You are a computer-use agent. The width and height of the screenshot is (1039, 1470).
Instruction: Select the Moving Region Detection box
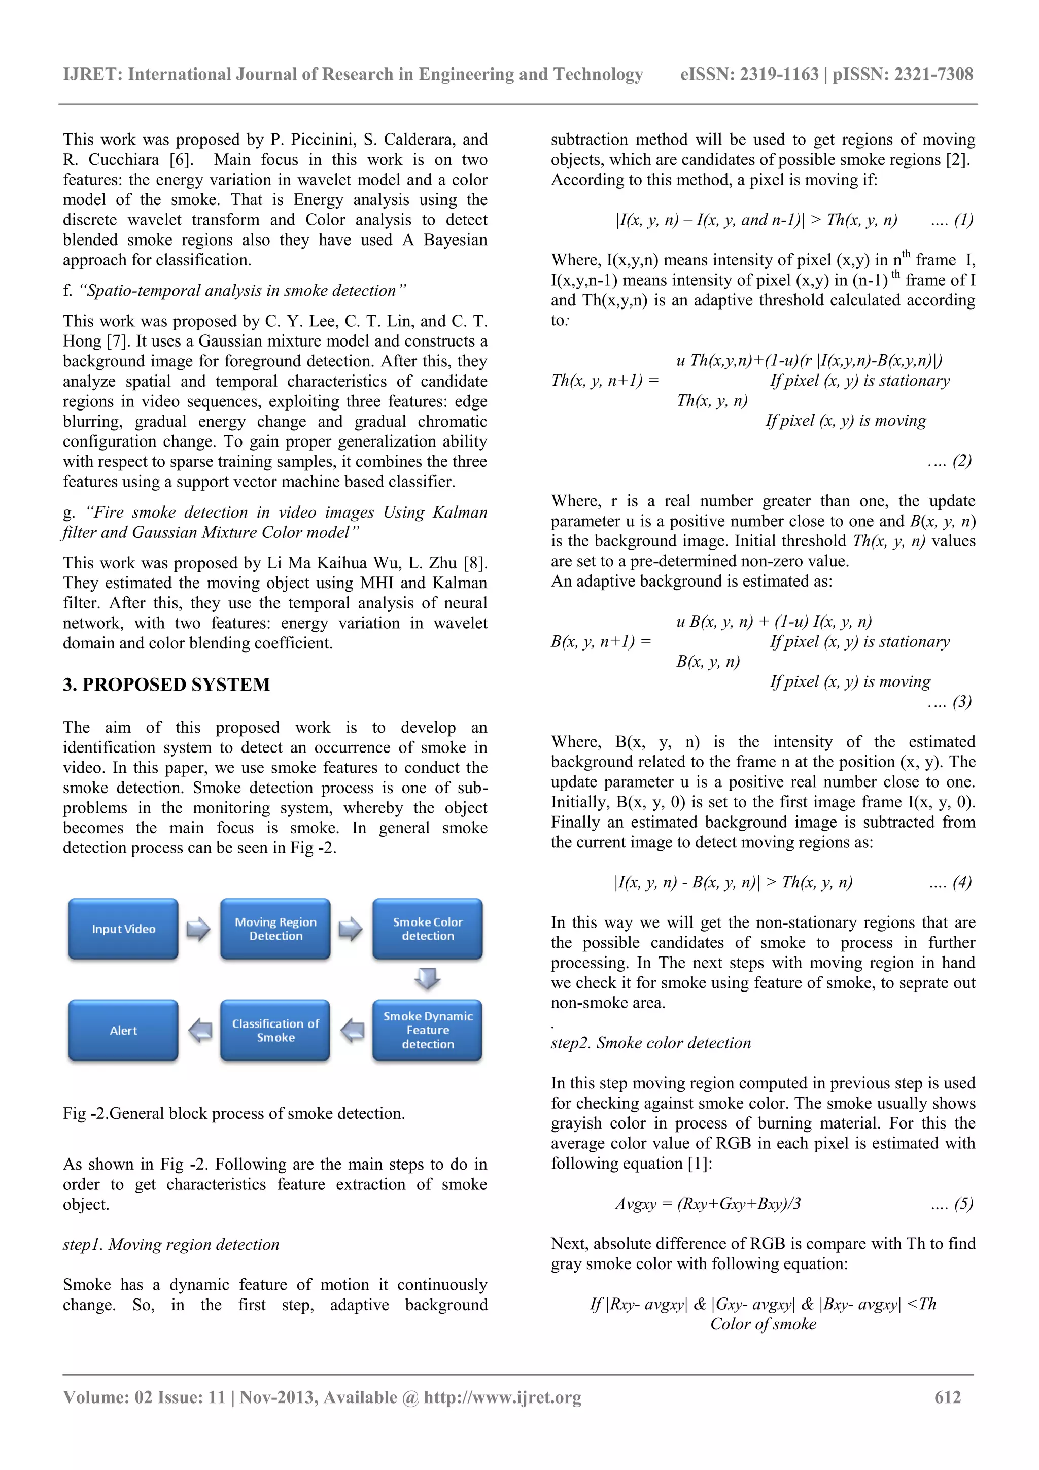(275, 929)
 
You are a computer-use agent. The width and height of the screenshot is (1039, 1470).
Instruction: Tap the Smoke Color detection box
(428, 929)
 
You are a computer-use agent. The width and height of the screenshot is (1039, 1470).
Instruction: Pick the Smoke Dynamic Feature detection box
(428, 1030)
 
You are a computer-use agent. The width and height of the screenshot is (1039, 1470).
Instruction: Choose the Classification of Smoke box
(275, 1030)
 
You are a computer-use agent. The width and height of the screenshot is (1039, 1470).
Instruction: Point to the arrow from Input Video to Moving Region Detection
(198, 929)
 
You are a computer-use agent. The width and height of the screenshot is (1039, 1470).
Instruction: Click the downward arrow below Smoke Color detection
(428, 978)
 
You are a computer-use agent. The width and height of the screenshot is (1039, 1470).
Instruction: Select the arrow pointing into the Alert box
(200, 1030)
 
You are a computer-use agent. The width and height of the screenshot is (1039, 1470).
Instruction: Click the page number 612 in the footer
(948, 1397)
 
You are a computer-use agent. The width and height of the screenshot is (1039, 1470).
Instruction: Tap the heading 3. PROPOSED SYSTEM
(166, 685)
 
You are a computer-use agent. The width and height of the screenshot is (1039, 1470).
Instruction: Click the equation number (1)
(963, 220)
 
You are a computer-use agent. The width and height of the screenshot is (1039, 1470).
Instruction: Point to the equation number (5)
(963, 1204)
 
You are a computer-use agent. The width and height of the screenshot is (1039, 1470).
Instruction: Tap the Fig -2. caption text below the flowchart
(234, 1113)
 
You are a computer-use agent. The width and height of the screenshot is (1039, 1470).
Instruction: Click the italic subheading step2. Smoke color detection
(650, 1043)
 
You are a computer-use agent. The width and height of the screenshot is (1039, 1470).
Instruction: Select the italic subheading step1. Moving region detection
(171, 1244)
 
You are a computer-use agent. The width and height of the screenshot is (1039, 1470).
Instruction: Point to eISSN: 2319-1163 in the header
(749, 74)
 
